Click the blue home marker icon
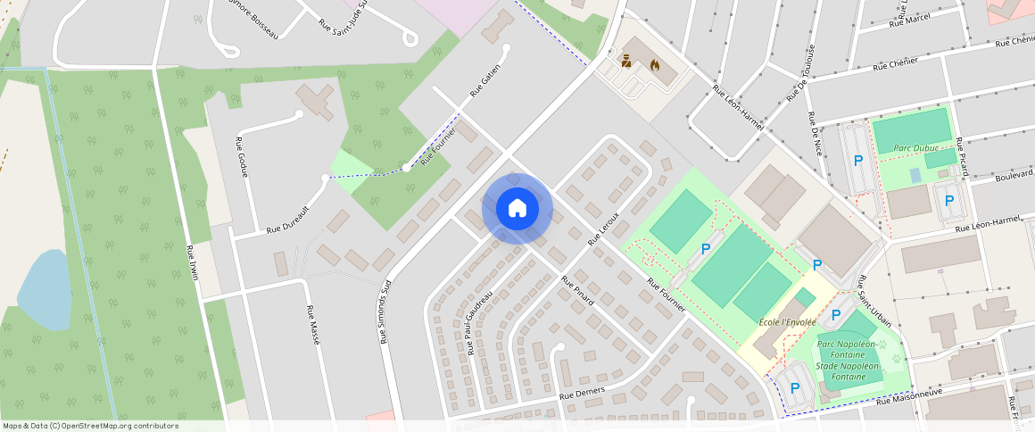pos(517,209)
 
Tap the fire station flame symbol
pos(656,65)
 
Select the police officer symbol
pos(627,62)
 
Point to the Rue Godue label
pos(241,157)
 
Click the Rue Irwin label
pos(192,262)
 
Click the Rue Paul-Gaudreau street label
pos(478,322)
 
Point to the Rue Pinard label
pos(577,290)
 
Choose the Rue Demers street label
pos(582,392)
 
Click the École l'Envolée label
pos(787,320)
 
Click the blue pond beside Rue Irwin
pos(45,290)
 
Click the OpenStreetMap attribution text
pos(90,426)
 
